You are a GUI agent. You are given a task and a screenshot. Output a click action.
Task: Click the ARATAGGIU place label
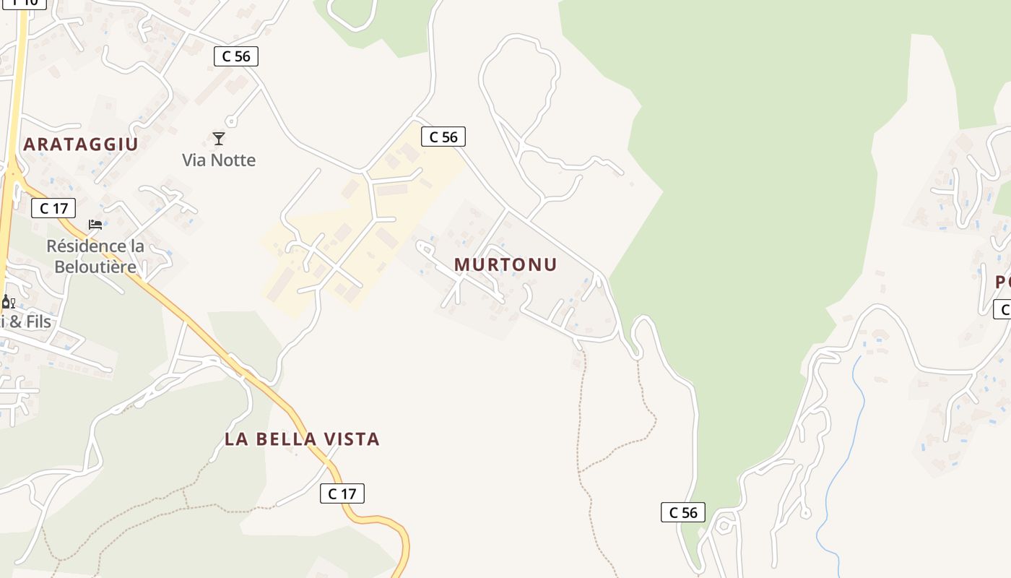80,144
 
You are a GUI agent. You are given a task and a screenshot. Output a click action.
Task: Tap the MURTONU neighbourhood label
506,264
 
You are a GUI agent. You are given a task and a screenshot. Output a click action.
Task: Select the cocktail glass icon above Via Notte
219,138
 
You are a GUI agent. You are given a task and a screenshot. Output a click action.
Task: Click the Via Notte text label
219,160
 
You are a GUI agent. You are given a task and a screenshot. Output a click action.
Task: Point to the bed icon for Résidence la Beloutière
95,225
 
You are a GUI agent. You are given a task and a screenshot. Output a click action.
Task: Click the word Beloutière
95,267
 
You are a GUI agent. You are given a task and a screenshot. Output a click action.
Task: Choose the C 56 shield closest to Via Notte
236,56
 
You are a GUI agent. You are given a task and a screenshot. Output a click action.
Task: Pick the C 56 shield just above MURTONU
443,137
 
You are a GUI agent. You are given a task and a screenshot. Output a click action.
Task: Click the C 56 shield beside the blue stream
683,512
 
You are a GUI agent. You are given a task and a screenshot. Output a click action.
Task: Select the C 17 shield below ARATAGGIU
53,209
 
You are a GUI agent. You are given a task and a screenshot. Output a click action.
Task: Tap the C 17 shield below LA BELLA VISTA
342,493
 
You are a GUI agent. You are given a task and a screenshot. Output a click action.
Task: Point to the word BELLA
290,439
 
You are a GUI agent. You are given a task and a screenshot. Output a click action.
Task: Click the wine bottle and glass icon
8,302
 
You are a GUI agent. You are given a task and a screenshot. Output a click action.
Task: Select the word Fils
39,322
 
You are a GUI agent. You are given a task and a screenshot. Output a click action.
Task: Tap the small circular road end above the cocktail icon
230,121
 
